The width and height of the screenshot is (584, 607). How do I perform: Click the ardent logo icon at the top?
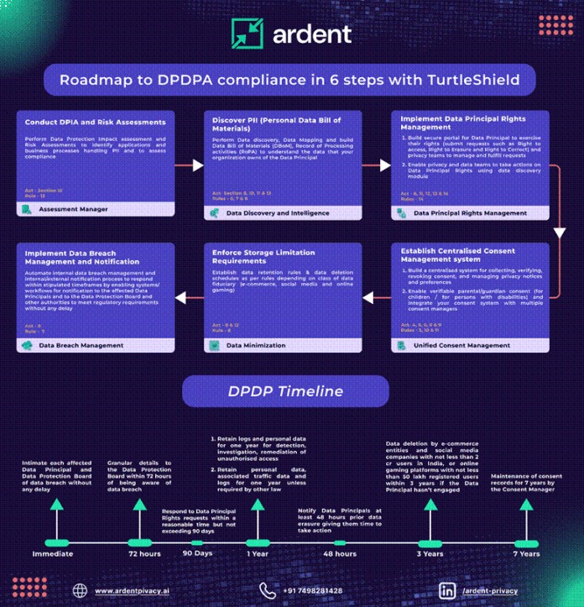(247, 34)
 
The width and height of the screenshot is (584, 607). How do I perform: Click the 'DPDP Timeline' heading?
(285, 391)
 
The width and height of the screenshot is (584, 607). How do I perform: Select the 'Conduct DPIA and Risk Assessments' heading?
(95, 123)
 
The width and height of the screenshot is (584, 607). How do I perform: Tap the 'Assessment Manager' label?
(74, 209)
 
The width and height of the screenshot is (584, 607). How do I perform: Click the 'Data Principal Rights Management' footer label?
(470, 213)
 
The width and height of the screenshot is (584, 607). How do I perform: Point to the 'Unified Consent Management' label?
(462, 345)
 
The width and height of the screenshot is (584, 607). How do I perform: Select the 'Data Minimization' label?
(257, 345)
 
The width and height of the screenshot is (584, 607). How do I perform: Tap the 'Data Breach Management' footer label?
(81, 345)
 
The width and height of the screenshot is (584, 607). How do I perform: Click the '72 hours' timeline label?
(144, 554)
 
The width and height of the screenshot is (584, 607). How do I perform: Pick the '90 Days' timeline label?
(197, 554)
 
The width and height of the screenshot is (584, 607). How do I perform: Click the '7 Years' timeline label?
(526, 554)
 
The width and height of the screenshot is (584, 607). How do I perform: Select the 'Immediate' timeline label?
(52, 554)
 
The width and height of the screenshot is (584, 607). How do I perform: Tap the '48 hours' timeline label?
(340, 554)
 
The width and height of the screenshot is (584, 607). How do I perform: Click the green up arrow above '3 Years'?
(430, 504)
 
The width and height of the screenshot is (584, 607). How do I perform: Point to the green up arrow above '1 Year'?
(258, 504)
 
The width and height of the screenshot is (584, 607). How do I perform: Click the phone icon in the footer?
(268, 591)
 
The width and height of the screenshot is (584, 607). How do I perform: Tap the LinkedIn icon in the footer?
(448, 591)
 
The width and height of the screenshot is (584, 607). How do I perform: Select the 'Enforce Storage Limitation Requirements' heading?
(263, 256)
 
